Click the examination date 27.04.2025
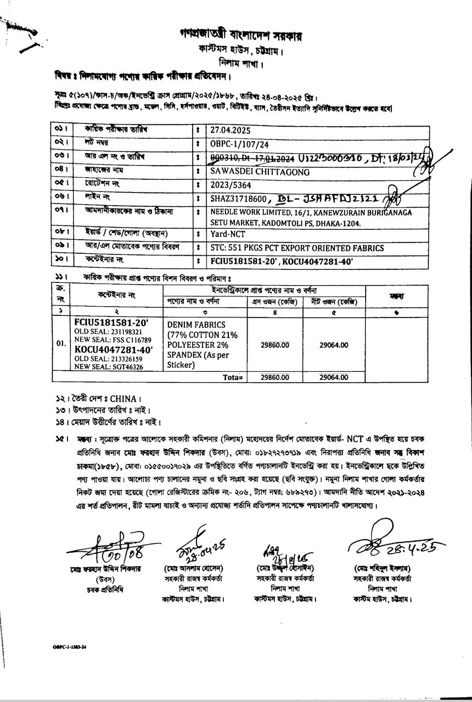pyautogui.click(x=231, y=131)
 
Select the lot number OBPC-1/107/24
pyautogui.click(x=237, y=144)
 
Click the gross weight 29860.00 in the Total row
pyautogui.click(x=274, y=377)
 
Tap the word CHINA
pyautogui.click(x=123, y=399)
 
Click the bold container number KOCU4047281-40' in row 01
pyautogui.click(x=114, y=349)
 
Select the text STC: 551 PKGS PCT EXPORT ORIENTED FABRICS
pyautogui.click(x=297, y=248)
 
